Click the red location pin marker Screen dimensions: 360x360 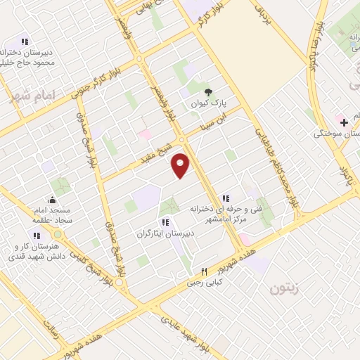(x=181, y=165)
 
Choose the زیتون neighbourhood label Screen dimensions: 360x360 (x=285, y=287)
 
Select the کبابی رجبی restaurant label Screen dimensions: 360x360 (x=203, y=284)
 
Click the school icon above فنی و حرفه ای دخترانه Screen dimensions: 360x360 (x=225, y=199)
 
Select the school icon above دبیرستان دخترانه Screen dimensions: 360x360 (x=25, y=41)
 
